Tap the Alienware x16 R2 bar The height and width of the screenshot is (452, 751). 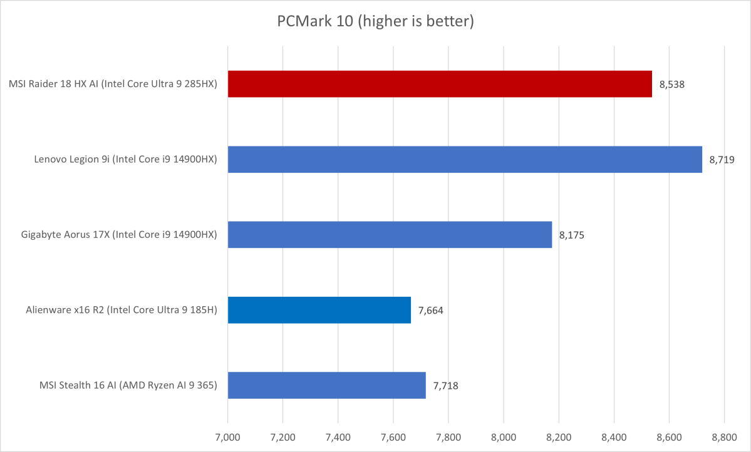[x=319, y=310]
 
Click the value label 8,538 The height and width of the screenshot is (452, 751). [x=671, y=84]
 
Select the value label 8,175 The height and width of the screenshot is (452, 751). [x=572, y=235]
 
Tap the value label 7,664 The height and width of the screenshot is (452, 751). [x=431, y=311]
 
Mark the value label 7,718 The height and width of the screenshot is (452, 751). [x=445, y=386]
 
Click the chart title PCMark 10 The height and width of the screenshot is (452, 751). [x=375, y=22]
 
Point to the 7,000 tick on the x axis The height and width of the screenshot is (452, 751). [x=228, y=434]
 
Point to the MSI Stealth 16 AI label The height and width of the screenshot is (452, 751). [x=128, y=385]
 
